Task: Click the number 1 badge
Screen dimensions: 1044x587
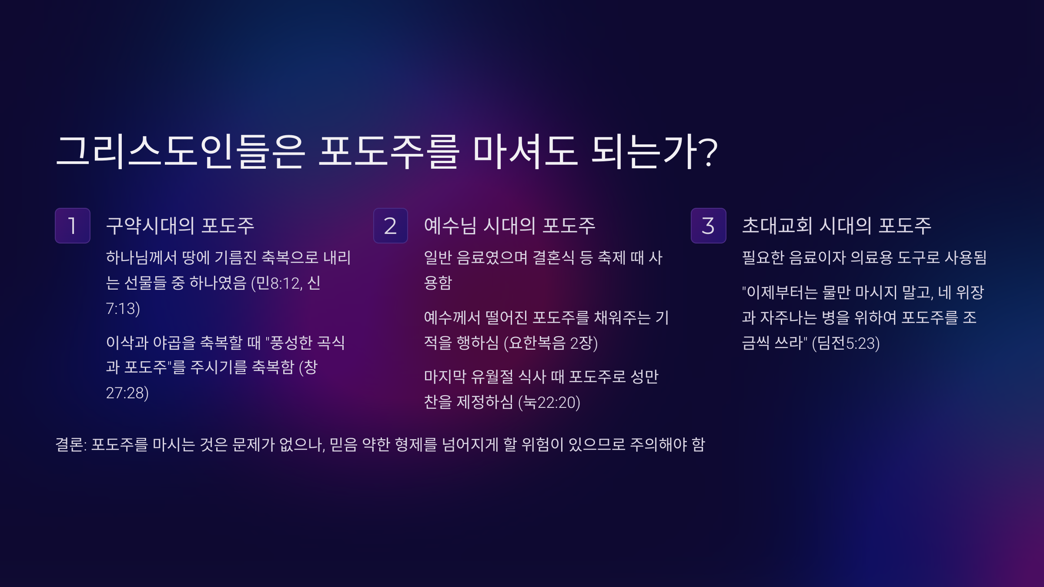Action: point(73,226)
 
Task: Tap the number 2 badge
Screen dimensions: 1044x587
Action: point(391,226)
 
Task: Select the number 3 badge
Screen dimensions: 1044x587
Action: point(709,226)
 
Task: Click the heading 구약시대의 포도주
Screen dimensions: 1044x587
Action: point(180,226)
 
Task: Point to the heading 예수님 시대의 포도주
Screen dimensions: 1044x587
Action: point(509,226)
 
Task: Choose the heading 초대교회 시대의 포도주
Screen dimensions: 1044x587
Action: point(837,226)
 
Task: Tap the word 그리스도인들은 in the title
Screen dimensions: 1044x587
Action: point(181,151)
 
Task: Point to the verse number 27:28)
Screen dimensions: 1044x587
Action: point(127,393)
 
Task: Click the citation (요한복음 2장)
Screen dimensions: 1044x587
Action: point(551,343)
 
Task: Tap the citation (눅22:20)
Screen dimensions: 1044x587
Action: point(549,402)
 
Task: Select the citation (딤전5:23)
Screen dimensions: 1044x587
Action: point(846,343)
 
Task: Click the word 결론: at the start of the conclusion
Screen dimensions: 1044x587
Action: point(71,444)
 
